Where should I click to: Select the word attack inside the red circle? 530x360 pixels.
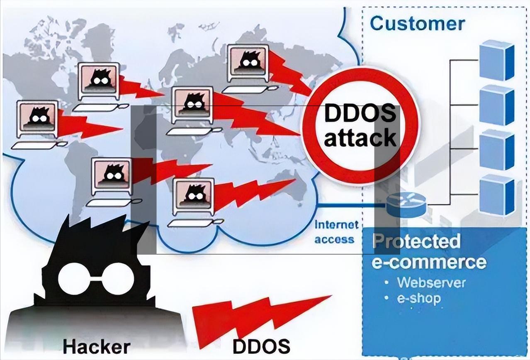(x=360, y=138)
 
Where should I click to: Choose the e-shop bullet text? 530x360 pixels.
(x=419, y=298)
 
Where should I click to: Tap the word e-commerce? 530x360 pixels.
(x=428, y=262)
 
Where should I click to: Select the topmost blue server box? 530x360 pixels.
(x=496, y=60)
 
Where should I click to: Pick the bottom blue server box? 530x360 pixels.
(x=496, y=195)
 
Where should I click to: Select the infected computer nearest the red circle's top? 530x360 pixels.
(x=247, y=63)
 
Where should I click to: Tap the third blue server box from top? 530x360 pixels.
(x=496, y=150)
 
